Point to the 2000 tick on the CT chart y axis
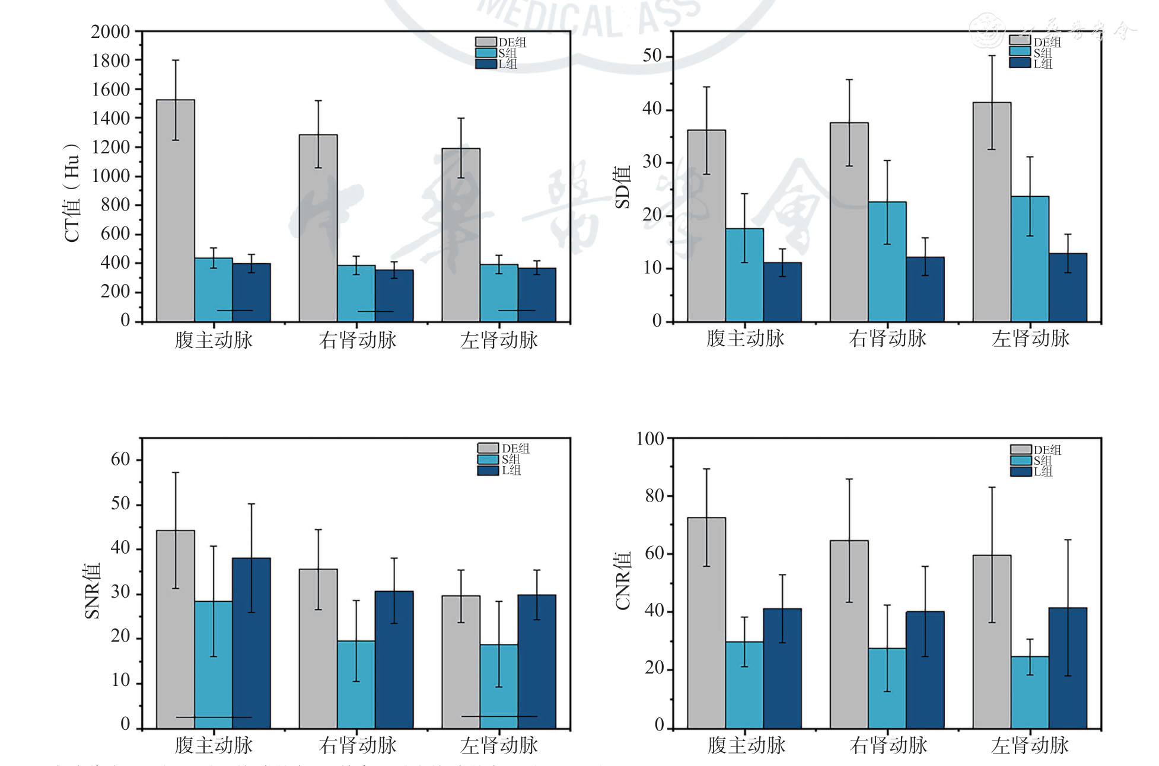tap(110, 32)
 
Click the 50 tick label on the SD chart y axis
tap(652, 56)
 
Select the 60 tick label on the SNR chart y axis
tap(120, 459)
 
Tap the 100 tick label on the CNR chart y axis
tap(649, 439)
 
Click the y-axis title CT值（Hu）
tap(72, 193)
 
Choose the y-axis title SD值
tap(622, 187)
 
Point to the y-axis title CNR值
tap(622, 581)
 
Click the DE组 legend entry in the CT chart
tap(501, 42)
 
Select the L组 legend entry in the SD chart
tap(1032, 63)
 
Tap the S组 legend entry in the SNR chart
tap(500, 459)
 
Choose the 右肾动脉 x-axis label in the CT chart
tap(357, 340)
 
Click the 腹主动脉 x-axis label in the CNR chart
tap(746, 745)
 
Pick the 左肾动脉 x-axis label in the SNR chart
tap(499, 745)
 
